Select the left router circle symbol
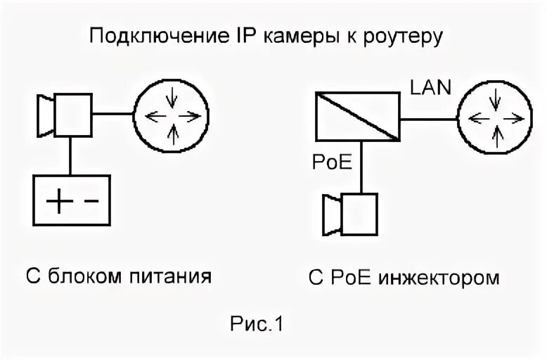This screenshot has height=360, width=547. (172, 113)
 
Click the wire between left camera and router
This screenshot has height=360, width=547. (115, 113)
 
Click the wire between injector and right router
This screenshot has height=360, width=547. (430, 118)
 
